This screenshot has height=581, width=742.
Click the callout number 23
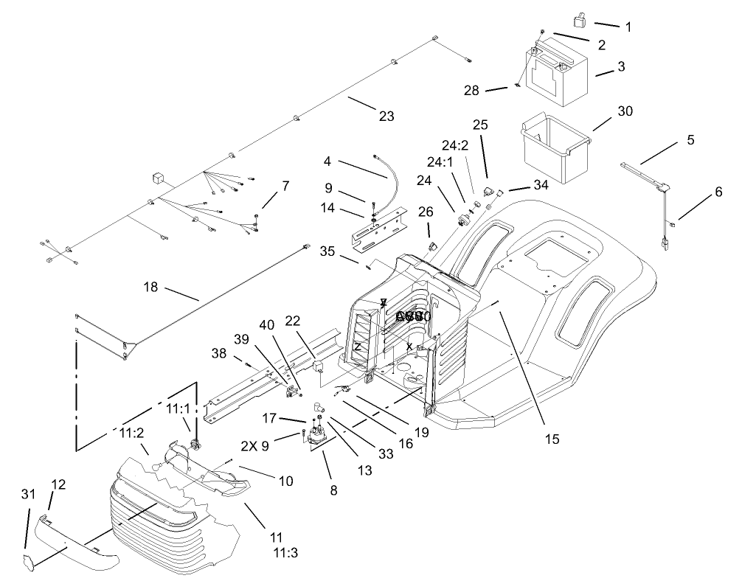386,116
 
